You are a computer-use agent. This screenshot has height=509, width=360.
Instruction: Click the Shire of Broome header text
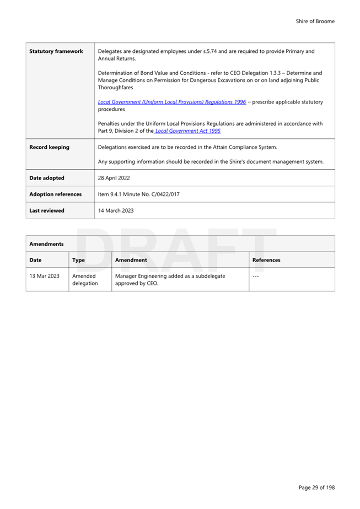pyautogui.click(x=315, y=21)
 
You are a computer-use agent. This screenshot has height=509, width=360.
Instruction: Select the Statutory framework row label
pyautogui.click(x=56, y=51)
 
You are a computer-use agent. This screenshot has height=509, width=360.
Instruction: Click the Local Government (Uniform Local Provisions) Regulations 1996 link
pyautogui.click(x=172, y=102)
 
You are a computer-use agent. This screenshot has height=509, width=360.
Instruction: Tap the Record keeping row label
pyautogui.click(x=49, y=147)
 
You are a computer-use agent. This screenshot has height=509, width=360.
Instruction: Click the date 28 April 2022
pyautogui.click(x=114, y=178)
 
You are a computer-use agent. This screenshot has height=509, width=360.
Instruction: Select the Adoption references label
pyautogui.click(x=55, y=194)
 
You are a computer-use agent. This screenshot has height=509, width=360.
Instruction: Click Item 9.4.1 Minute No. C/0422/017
pyautogui.click(x=138, y=194)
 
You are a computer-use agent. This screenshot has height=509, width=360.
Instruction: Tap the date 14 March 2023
pyautogui.click(x=115, y=210)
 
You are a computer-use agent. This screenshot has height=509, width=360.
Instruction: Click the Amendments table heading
pyautogui.click(x=46, y=243)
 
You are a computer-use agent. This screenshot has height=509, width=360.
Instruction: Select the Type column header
pyautogui.click(x=78, y=260)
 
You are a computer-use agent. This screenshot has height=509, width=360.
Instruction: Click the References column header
pyautogui.click(x=266, y=260)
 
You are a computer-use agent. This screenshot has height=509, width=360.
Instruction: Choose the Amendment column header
pyautogui.click(x=131, y=260)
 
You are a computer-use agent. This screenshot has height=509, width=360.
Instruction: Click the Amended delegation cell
pyautogui.click(x=85, y=279)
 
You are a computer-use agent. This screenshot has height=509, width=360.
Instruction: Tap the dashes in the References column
pyautogui.click(x=256, y=275)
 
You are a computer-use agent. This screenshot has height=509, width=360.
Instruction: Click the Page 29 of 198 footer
pyautogui.click(x=316, y=488)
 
